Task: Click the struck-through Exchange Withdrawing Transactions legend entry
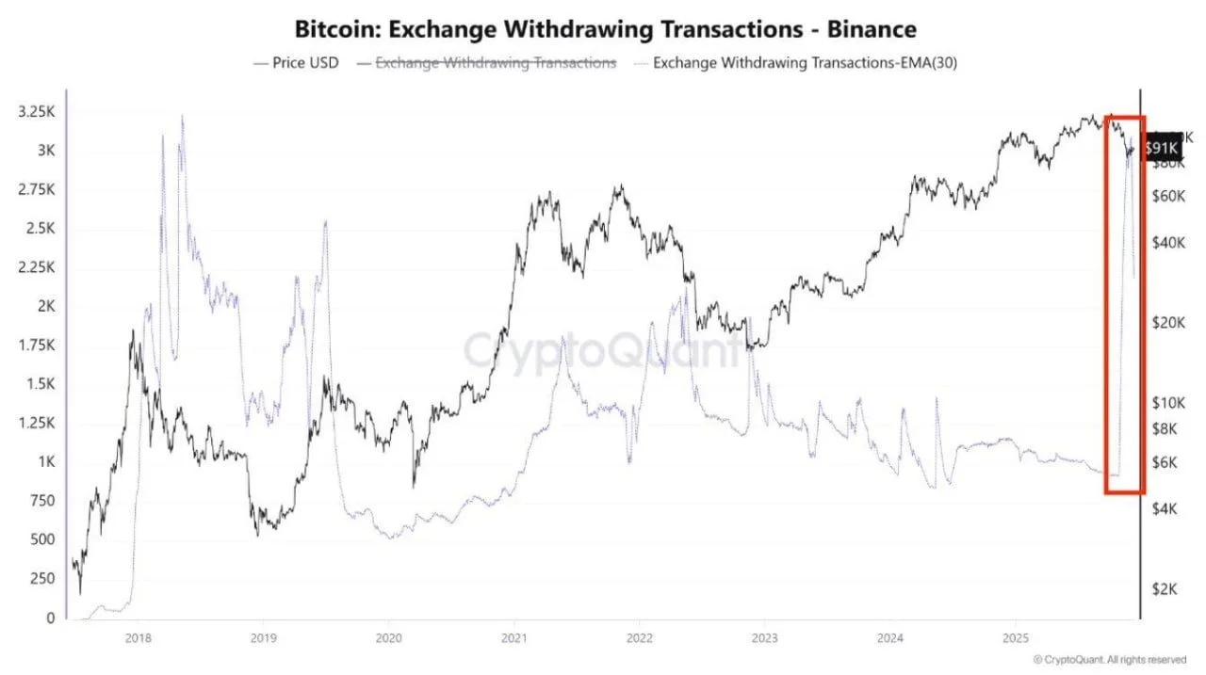(496, 63)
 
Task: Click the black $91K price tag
(1160, 148)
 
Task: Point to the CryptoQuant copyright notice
(1109, 659)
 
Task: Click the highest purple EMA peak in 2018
(182, 117)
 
